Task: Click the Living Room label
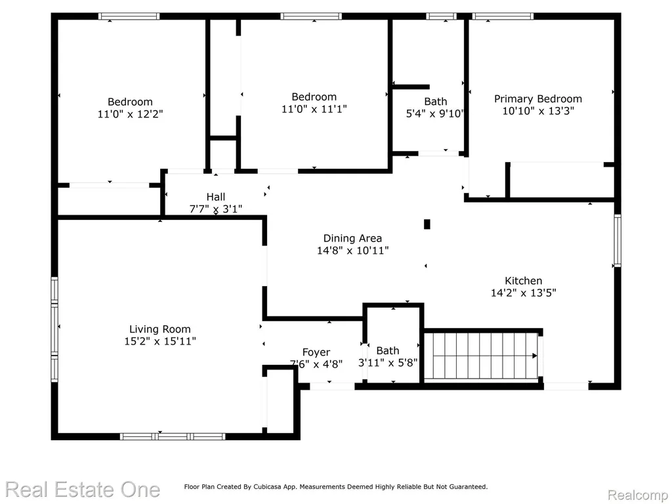(x=160, y=329)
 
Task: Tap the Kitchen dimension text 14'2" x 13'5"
(x=523, y=293)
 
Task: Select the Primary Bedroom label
(x=538, y=99)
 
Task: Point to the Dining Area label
(x=352, y=238)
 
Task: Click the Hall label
(x=215, y=197)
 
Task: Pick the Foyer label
(x=316, y=352)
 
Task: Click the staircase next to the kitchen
(x=483, y=356)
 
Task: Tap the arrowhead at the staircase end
(x=534, y=356)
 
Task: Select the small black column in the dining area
(x=427, y=224)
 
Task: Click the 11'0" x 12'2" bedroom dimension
(x=131, y=114)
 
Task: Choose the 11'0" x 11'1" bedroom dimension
(x=314, y=109)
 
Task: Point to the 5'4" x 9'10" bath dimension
(x=435, y=114)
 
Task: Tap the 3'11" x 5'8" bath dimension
(x=388, y=362)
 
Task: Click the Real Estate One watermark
(x=83, y=490)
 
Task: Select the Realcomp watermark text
(x=637, y=495)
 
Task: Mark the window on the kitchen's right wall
(x=617, y=240)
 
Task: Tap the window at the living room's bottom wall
(x=173, y=436)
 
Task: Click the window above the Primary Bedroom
(x=503, y=16)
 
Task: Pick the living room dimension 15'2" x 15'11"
(x=160, y=341)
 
